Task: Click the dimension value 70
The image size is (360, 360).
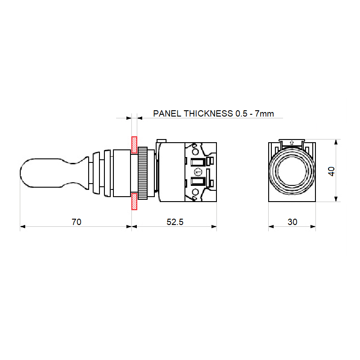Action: coord(76,222)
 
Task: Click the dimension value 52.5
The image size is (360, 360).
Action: coord(175,222)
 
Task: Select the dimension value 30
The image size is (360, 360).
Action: coord(292,222)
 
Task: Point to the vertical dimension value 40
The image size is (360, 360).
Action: coord(331,171)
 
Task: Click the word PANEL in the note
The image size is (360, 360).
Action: coord(167,113)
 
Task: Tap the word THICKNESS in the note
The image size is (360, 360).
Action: coord(208,113)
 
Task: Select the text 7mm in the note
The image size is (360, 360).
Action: coord(264,113)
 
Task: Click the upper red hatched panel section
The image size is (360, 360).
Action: coord(134,145)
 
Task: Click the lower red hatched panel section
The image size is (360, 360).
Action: coord(134,201)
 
